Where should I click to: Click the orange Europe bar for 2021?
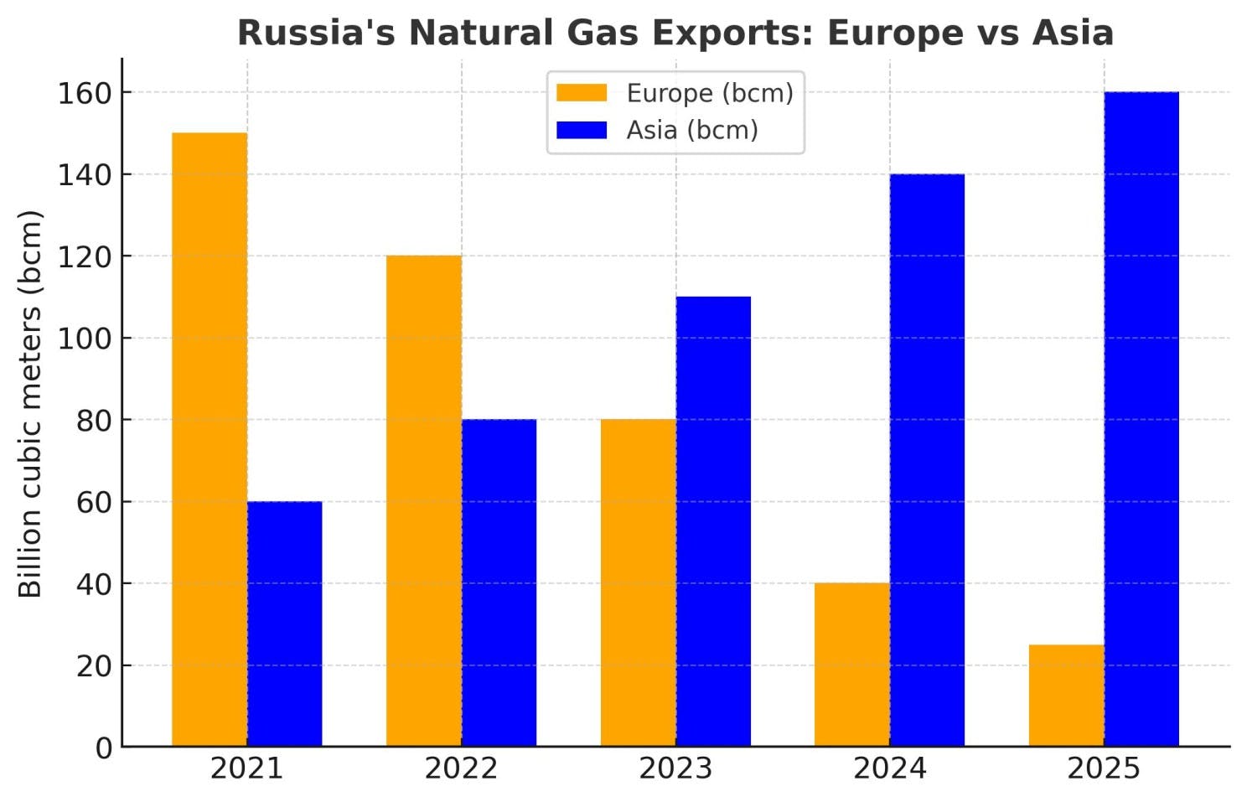[210, 439]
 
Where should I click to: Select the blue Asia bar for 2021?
[284, 623]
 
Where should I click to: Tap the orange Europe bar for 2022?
[424, 500]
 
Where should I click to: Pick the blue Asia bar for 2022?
[499, 582]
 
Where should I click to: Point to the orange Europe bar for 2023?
[639, 582]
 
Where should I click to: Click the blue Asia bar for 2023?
[713, 521]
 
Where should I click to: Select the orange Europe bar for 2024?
[852, 665]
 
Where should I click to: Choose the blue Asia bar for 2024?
[927, 460]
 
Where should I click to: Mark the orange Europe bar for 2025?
[1067, 695]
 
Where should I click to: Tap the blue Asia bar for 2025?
[1141, 419]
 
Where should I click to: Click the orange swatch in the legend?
[582, 93]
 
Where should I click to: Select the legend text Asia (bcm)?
[692, 131]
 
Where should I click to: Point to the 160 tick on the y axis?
[84, 93]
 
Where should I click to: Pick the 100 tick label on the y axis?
[84, 339]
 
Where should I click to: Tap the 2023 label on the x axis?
[675, 768]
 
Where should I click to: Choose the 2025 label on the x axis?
[1104, 768]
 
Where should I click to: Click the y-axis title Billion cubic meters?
[30, 403]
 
